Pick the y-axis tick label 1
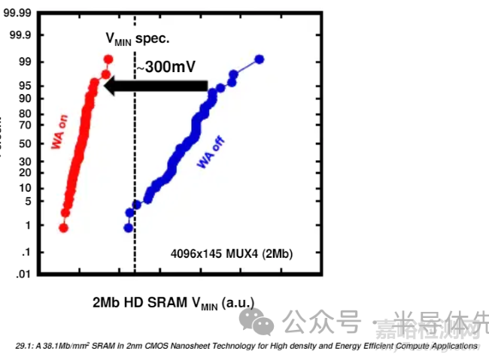[x=27, y=225]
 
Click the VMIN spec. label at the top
[x=136, y=38]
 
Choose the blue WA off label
[x=211, y=152]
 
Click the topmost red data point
[x=108, y=59]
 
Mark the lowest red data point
[x=64, y=227]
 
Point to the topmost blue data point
[x=260, y=59]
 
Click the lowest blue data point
[x=129, y=227]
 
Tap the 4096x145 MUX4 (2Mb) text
[x=232, y=254]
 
